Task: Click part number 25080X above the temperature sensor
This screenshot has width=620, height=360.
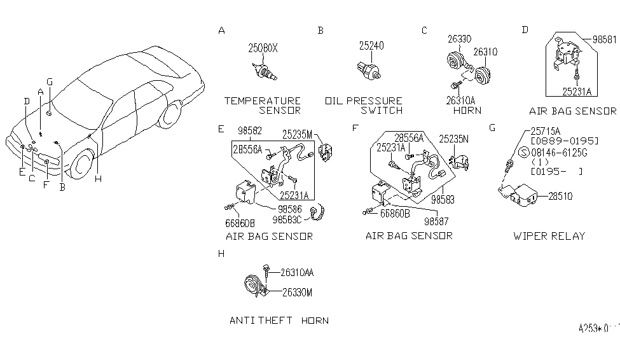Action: (x=263, y=48)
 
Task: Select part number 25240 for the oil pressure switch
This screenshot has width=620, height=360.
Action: (x=371, y=46)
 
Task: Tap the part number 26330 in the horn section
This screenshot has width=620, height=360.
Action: (x=458, y=39)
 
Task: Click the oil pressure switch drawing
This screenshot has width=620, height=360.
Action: (x=370, y=69)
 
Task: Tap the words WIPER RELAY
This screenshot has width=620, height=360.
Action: (x=548, y=235)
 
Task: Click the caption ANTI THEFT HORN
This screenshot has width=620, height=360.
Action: (x=279, y=321)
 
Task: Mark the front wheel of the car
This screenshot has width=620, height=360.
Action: (x=81, y=163)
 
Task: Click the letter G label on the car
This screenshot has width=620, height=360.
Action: (x=49, y=81)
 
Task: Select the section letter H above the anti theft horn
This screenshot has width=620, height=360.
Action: (x=221, y=254)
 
